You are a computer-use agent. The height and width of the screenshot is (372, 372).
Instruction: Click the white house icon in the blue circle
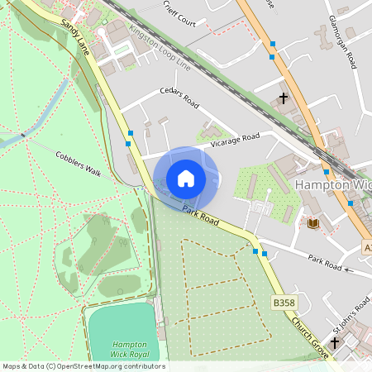click(x=186, y=179)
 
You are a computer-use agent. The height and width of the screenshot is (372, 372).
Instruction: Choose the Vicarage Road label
click(x=235, y=141)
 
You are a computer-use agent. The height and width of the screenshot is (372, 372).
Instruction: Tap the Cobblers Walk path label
click(x=78, y=164)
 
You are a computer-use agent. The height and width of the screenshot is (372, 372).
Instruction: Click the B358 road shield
click(x=284, y=303)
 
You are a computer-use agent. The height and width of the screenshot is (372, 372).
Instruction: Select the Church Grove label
click(x=310, y=329)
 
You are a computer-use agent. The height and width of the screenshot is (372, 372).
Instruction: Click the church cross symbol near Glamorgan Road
click(x=284, y=98)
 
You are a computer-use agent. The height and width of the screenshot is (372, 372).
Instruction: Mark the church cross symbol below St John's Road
click(x=335, y=341)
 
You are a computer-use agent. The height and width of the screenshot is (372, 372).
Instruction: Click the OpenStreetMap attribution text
click(x=83, y=366)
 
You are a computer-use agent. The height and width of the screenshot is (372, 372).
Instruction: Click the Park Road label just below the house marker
click(x=201, y=217)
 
